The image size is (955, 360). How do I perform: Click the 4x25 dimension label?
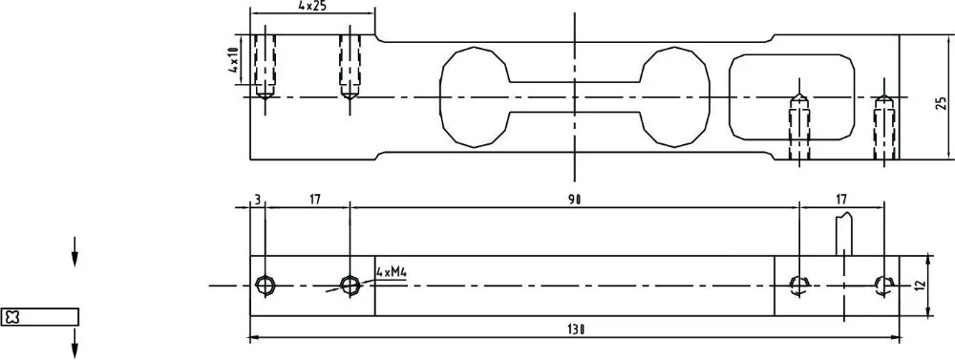312,6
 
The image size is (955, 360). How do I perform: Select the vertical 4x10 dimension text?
234,60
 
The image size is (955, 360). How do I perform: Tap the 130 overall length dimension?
575,329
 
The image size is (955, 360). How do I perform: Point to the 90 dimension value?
575,200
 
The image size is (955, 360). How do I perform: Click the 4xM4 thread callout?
391,272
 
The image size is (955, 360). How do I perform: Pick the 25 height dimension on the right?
941,102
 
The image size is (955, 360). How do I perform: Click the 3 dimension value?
258,200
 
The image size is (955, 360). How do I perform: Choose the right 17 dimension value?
841,199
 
